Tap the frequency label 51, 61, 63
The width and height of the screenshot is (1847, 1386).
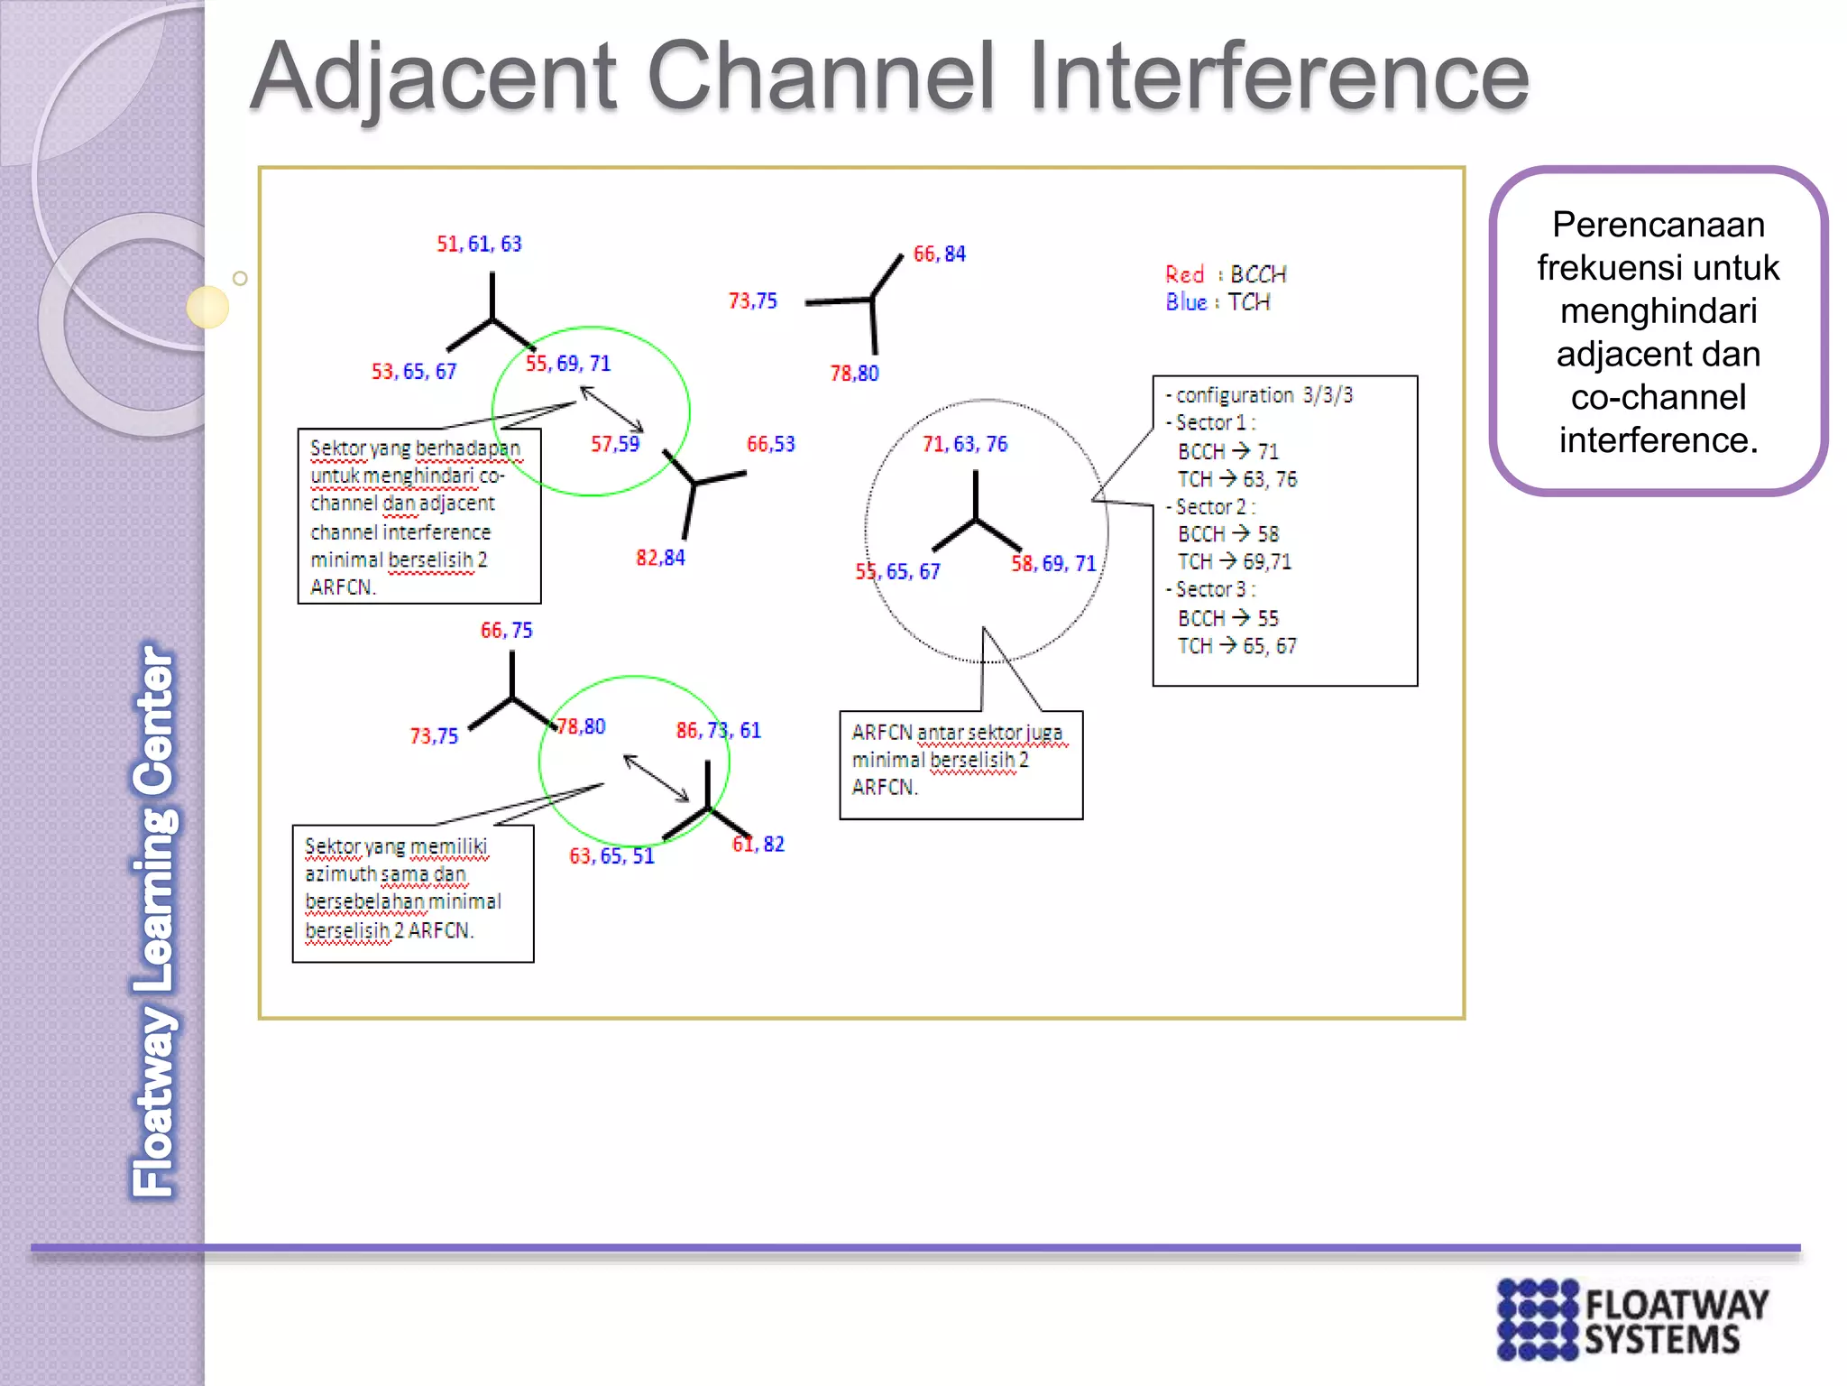pos(479,244)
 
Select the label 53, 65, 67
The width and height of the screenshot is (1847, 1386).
pos(414,371)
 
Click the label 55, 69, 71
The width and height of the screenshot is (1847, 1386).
pos(568,363)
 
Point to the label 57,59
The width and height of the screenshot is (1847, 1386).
pos(615,443)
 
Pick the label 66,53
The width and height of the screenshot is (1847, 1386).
pos(770,443)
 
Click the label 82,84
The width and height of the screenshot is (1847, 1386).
pos(660,558)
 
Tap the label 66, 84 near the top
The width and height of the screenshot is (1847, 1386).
pos(939,254)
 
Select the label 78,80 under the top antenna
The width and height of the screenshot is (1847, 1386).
pos(854,373)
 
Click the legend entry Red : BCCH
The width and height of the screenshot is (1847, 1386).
pos(1225,274)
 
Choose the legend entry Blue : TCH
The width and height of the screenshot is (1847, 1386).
pos(1217,302)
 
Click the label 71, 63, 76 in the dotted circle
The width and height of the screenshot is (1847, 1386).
pos(964,443)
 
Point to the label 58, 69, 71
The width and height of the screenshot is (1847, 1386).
pos(1052,563)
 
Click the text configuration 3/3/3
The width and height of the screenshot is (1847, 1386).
pos(1263,395)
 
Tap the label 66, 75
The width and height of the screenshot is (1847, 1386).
pos(506,630)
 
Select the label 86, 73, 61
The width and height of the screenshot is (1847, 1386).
pos(718,730)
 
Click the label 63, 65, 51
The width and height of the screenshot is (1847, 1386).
pos(611,855)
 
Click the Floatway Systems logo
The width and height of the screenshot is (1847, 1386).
pos(1631,1318)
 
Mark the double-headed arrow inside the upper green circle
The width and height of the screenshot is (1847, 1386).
pos(611,409)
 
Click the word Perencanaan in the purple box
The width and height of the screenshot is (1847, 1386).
pos(1658,225)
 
